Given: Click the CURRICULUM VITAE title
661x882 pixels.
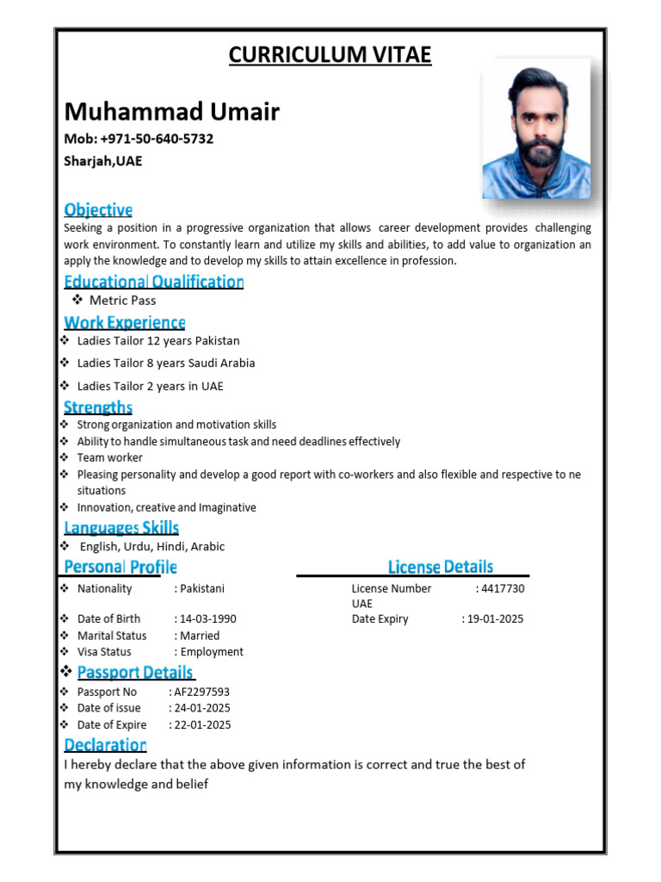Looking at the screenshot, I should tap(330, 56).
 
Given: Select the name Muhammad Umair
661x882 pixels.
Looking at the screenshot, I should tap(172, 111).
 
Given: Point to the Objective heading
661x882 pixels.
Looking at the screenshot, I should tap(98, 209).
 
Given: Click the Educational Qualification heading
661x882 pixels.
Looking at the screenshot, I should tap(154, 282).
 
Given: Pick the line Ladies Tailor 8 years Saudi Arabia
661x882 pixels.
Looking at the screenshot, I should tap(166, 363).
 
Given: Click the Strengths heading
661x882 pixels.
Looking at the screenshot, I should tap(98, 407).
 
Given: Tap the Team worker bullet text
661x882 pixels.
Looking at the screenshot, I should tap(109, 457).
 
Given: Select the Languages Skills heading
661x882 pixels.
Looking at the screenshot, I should tap(121, 527).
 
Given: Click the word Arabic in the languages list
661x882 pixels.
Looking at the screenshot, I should tap(207, 546).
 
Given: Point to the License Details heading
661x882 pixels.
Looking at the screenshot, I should tap(441, 566).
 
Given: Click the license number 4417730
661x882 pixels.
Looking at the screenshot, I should tap(503, 588).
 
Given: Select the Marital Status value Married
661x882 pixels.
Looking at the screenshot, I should tap(200, 636).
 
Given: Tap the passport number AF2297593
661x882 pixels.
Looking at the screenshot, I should tap(201, 692).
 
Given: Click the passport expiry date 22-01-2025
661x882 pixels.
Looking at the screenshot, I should tap(202, 724).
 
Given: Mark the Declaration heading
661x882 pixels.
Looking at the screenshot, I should tap(105, 744).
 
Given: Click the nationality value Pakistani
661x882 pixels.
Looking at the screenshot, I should tap(202, 588).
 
